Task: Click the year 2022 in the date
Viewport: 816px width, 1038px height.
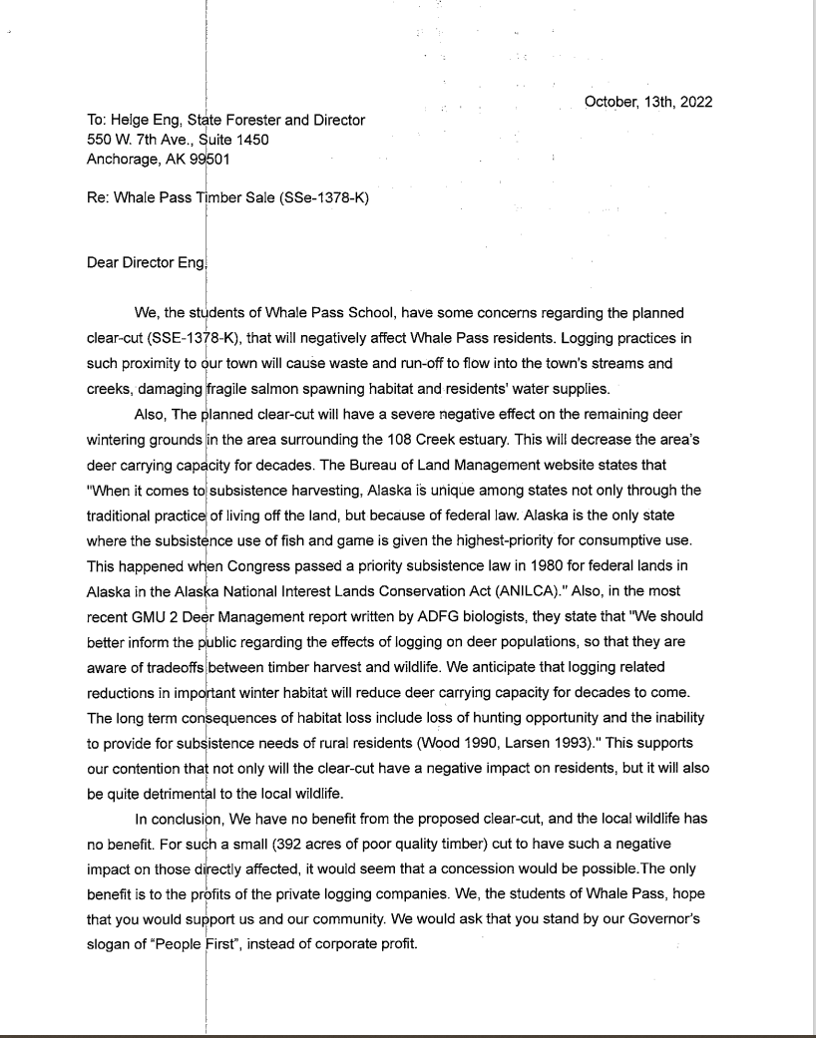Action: click(x=692, y=102)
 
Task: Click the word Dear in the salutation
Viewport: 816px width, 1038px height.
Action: click(x=104, y=264)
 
